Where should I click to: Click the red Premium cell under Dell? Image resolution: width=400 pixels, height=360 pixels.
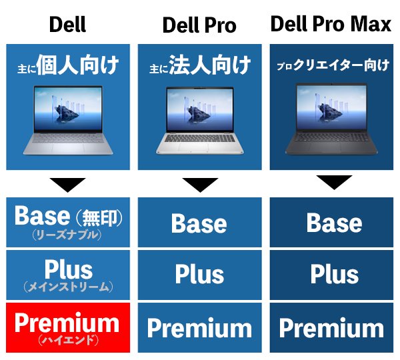(68, 327)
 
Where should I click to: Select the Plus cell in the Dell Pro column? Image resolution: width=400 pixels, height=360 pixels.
(200, 275)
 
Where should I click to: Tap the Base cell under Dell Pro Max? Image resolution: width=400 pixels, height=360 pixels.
(331, 222)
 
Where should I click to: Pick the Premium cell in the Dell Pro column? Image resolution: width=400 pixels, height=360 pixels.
(200, 327)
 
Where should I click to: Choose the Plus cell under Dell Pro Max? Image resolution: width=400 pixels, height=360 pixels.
(331, 275)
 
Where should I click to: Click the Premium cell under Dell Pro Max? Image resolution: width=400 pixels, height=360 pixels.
(331, 327)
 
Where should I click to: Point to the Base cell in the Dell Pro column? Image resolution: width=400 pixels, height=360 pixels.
(200, 222)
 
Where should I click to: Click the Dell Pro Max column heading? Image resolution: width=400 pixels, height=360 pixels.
(331, 24)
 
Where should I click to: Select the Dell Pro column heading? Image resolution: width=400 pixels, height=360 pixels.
(199, 25)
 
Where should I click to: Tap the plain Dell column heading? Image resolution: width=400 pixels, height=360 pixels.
(67, 24)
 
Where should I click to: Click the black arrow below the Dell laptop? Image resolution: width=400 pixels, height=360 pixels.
(67, 185)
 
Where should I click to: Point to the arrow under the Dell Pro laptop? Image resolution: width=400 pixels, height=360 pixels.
(200, 185)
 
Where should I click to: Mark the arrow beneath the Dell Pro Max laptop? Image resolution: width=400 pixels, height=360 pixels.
(334, 182)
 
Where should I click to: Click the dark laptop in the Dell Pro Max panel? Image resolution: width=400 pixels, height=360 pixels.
(331, 119)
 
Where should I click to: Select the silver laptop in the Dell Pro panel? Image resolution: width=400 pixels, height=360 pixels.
(200, 121)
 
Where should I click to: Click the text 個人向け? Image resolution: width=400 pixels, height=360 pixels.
(78, 65)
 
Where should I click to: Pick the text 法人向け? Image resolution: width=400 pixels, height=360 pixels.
(210, 65)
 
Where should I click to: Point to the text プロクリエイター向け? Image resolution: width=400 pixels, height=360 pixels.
(333, 65)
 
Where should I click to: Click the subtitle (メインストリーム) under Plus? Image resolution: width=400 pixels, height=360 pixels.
(68, 287)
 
